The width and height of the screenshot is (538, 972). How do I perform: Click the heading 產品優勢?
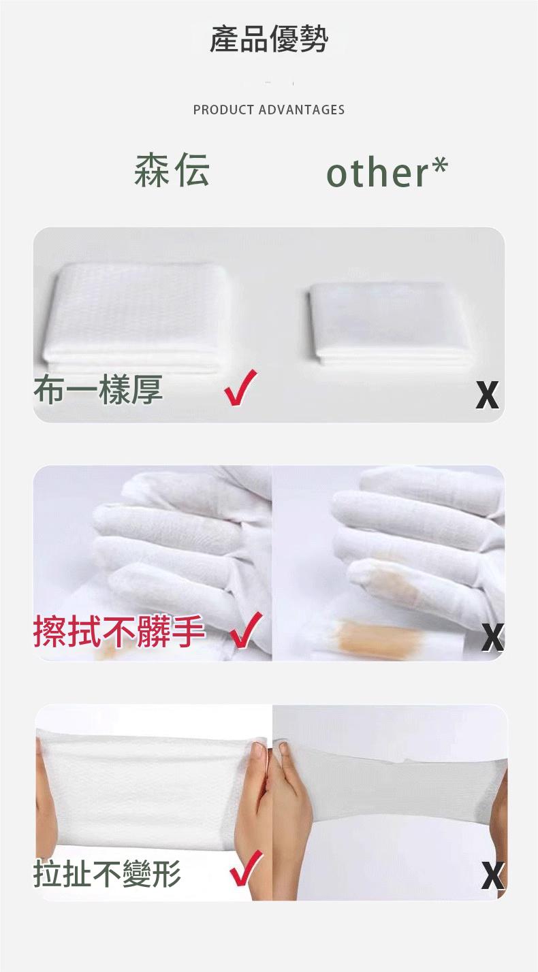269,39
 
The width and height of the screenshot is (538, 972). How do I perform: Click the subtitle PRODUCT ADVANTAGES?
269,110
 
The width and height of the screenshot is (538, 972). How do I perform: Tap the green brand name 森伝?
172,169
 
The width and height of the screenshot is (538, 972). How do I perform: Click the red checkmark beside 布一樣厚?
240,387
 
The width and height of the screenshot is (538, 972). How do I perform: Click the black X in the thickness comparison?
487,395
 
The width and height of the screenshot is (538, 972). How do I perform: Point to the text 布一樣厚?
98,390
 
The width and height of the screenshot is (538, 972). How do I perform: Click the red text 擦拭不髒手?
118,632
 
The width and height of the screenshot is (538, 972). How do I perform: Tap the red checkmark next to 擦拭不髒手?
246,630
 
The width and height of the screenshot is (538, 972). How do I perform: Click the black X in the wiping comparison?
492,637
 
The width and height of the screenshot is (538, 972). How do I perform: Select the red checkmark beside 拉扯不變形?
247,869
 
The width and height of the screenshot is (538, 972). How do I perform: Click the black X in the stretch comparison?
493,876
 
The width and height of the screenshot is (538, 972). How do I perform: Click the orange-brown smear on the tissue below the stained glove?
378,637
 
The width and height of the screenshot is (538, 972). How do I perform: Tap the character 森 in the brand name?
151,169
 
